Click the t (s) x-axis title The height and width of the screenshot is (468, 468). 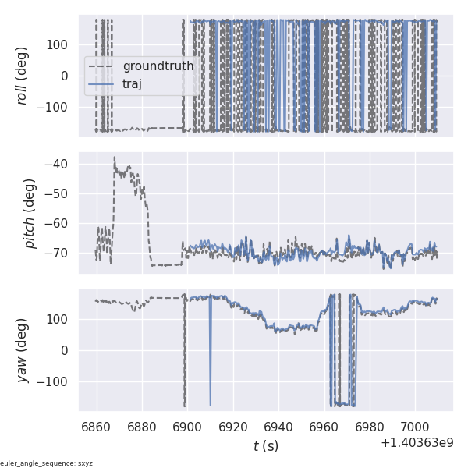point(266,446)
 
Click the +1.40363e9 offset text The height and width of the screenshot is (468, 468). point(417,443)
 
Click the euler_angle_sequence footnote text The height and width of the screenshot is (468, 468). point(47,463)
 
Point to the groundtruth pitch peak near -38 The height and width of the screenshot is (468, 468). point(114,157)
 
